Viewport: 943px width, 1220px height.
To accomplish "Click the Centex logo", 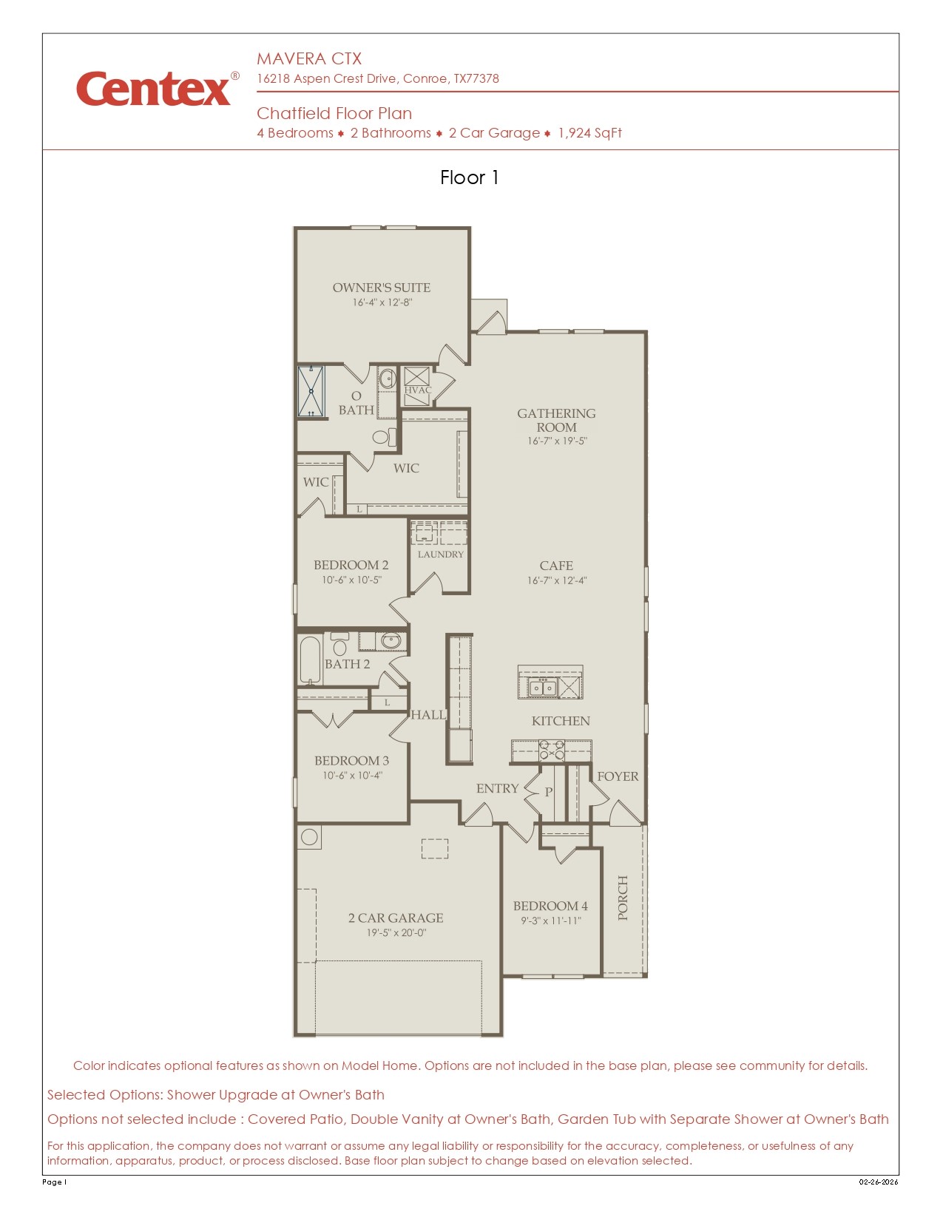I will pos(154,89).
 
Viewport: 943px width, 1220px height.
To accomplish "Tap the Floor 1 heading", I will pos(469,177).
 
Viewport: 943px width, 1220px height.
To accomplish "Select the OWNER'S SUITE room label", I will pos(381,288).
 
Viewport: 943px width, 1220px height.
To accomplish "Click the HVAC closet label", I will pos(417,390).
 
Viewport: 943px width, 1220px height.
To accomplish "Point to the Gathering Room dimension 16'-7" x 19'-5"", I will pos(557,441).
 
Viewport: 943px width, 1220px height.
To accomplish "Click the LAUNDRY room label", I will pos(440,555).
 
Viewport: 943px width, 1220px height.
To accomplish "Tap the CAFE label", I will pos(556,566).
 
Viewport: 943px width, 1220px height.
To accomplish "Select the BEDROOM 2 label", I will pos(351,565).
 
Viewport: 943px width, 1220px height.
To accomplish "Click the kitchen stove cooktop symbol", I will pos(552,750).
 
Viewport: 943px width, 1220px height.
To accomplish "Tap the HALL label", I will pos(428,715).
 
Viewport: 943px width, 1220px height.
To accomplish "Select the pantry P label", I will pos(549,792).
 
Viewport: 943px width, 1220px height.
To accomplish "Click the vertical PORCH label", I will pos(623,898).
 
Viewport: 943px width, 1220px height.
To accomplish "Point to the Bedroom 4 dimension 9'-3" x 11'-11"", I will pos(551,921).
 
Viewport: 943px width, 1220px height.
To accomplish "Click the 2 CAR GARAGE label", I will pos(396,918).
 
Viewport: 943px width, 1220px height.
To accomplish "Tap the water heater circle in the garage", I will pos(310,837).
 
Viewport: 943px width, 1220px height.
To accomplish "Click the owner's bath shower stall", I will pos(311,391).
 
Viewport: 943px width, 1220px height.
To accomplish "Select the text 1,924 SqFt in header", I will pos(589,133).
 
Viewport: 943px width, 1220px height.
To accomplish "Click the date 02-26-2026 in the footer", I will pos(878,1182).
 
